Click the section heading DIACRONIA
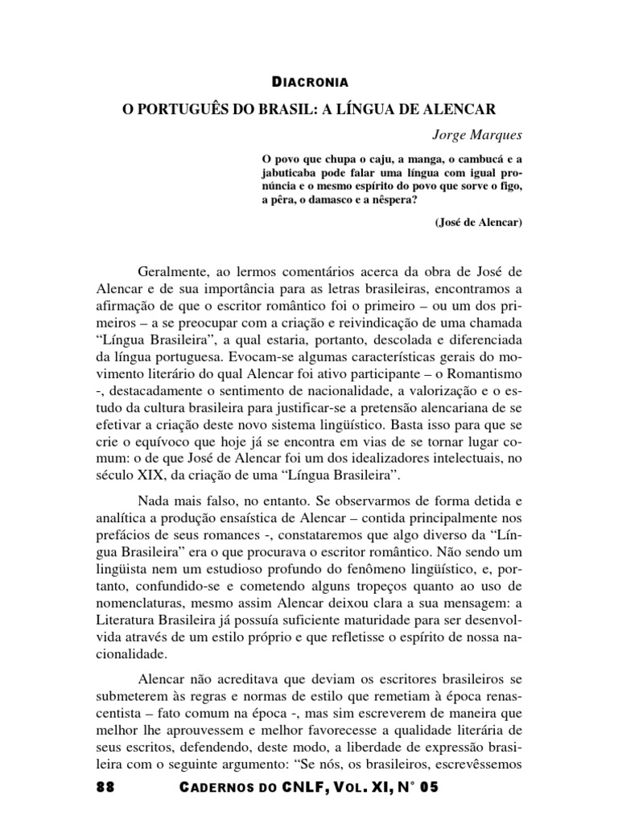tap(309, 81)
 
